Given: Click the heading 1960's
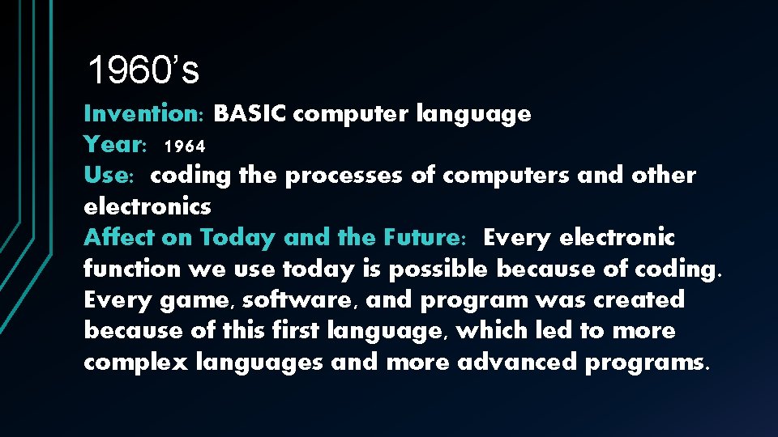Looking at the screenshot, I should pyautogui.click(x=143, y=71).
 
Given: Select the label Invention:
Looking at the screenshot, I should pyautogui.click(x=144, y=114).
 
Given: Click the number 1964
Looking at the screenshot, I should pyautogui.click(x=184, y=146).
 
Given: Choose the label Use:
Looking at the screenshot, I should pyautogui.click(x=113, y=176).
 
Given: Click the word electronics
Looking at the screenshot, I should pyautogui.click(x=147, y=206).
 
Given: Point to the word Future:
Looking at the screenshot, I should pyautogui.click(x=421, y=238).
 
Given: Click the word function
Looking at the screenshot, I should pyautogui.click(x=130, y=269).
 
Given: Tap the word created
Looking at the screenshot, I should pyautogui.click(x=639, y=300).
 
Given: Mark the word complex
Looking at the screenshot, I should pyautogui.click(x=137, y=362).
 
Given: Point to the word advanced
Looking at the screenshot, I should pyautogui.click(x=519, y=362).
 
